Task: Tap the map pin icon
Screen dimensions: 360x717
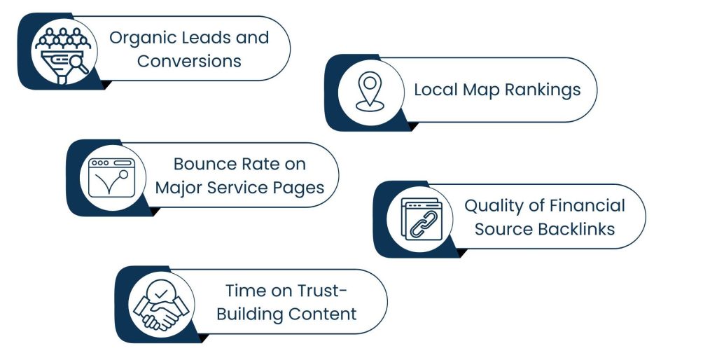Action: pos(369,91)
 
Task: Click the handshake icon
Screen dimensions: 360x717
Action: pos(161,304)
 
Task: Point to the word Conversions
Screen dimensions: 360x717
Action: pos(189,61)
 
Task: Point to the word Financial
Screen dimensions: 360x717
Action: pos(589,206)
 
